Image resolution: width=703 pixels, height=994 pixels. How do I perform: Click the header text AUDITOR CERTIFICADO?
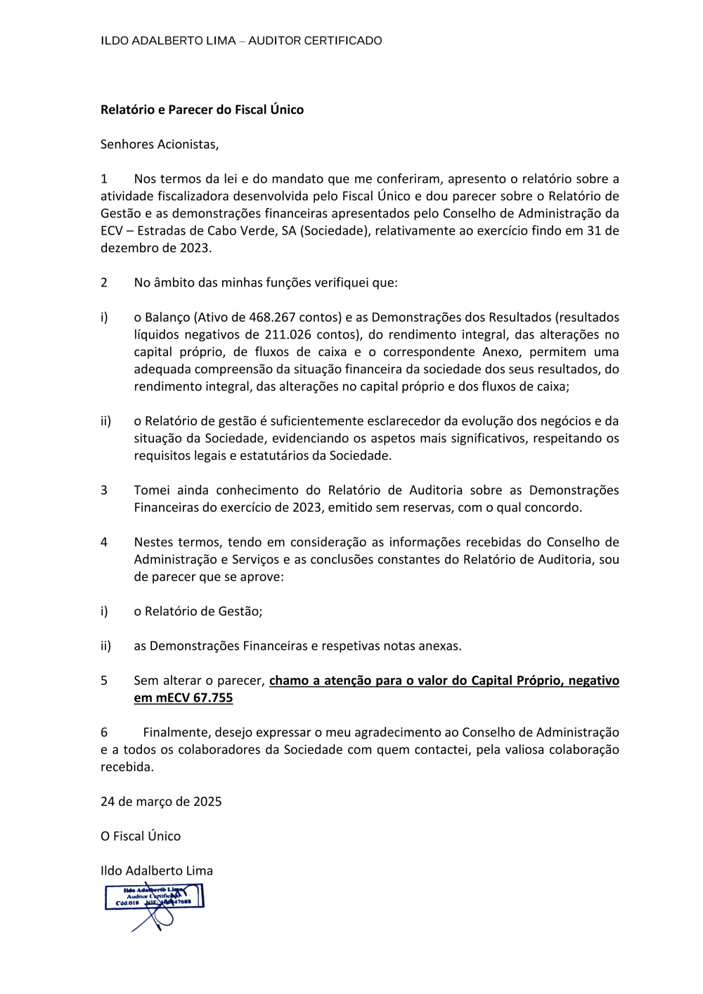pos(315,41)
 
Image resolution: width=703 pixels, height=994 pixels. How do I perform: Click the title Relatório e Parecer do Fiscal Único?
pos(202,110)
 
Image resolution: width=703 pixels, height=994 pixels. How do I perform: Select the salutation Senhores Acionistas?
pos(159,144)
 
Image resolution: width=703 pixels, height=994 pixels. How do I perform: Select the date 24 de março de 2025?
pos(161,802)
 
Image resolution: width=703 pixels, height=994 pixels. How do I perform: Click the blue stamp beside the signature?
pos(155,897)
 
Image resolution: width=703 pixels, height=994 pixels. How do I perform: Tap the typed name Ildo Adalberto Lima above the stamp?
pos(156,870)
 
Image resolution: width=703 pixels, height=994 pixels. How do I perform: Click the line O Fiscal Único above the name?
pos(141,836)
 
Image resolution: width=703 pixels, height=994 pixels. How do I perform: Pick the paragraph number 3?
pos(104,490)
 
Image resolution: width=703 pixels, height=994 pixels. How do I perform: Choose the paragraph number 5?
pos(104,680)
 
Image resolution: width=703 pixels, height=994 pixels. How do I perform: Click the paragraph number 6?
pos(104,732)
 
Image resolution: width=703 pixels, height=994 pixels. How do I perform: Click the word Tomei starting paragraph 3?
pos(152,490)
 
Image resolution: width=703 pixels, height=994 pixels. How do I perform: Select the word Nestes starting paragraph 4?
pos(155,542)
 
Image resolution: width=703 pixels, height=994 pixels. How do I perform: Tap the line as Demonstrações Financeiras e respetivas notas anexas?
pos(297,646)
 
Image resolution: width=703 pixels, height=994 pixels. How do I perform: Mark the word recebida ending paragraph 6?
pos(127,767)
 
